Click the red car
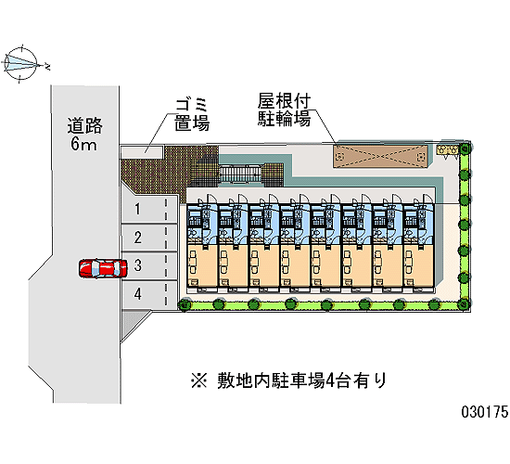click(103, 268)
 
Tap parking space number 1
click(149, 209)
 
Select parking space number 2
click(149, 238)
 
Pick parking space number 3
click(149, 265)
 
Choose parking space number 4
click(149, 294)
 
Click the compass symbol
click(22, 63)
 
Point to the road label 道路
click(85, 126)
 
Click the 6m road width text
click(83, 144)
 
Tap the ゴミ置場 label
click(192, 115)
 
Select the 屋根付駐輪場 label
click(284, 110)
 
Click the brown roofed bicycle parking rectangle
click(380, 157)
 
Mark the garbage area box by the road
click(142, 152)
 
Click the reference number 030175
click(485, 412)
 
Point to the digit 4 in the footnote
click(330, 380)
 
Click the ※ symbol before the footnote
click(198, 380)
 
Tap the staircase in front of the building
click(240, 174)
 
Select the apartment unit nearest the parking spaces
click(201, 246)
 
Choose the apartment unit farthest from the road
click(419, 246)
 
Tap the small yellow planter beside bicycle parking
click(447, 149)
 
